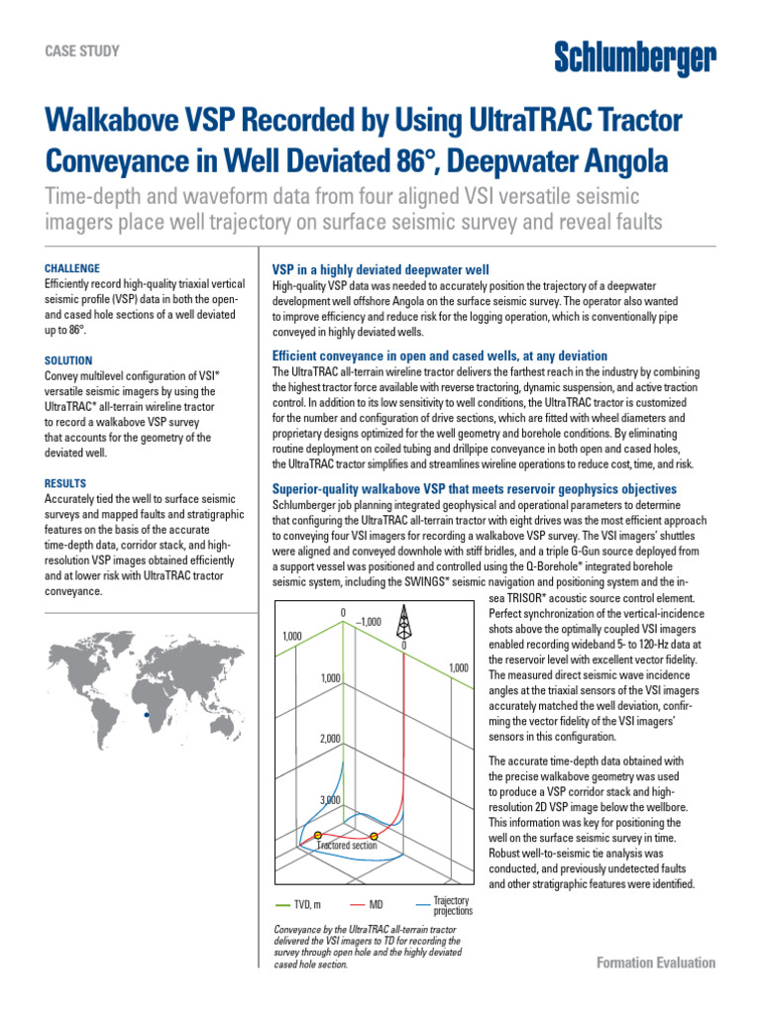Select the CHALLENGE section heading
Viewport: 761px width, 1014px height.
coord(72,268)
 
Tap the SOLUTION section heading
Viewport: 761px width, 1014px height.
coord(68,360)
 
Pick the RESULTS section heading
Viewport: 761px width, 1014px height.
coord(65,483)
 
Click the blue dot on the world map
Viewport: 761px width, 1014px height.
coord(147,713)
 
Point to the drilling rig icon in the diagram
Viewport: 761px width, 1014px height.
coord(402,624)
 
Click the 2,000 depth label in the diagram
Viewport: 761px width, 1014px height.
coord(330,739)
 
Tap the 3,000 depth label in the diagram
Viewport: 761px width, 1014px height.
coord(330,799)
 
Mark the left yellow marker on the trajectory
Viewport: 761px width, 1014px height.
coord(333,837)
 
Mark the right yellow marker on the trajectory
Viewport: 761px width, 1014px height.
coord(374,837)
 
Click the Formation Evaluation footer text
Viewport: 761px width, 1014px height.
coord(656,963)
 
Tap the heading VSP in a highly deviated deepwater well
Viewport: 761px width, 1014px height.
coord(380,270)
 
